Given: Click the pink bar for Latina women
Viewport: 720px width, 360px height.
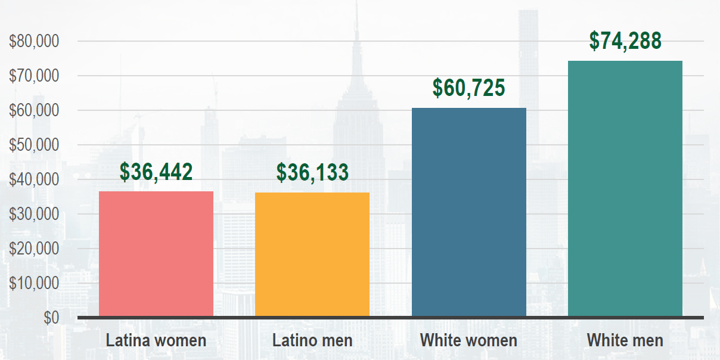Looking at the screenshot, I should [156, 253].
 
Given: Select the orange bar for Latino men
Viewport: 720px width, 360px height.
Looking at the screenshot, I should [312, 254].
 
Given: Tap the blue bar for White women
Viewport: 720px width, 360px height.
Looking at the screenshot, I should [469, 212].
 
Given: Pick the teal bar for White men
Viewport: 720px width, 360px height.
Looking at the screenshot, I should [625, 188].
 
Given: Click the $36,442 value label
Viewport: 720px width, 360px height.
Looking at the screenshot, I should [156, 172].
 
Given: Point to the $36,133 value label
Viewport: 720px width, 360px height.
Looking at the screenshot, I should [312, 172].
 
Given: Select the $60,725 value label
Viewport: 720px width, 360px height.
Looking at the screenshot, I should [469, 88].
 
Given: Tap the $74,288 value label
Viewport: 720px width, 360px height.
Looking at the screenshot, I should [625, 41].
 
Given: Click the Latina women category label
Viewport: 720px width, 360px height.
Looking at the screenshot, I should [156, 341].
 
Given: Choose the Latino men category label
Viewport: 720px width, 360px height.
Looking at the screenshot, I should [312, 341].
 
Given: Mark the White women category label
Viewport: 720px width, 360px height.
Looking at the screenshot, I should [469, 341].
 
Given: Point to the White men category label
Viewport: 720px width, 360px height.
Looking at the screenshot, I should [625, 341].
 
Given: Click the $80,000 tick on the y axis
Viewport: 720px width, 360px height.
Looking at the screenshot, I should [34, 42].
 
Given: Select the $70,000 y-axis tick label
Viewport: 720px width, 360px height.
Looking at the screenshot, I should [34, 76].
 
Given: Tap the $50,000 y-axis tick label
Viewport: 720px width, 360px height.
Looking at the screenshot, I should [34, 145].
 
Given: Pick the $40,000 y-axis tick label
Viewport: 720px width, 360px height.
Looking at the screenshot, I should [34, 179].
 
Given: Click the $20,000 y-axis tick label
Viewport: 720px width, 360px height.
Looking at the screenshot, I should [34, 249].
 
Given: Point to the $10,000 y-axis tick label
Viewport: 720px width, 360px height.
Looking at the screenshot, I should [34, 283].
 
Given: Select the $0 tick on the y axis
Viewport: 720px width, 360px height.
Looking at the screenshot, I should [51, 318].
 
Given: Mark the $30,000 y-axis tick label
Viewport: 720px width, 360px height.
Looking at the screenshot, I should [34, 214].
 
